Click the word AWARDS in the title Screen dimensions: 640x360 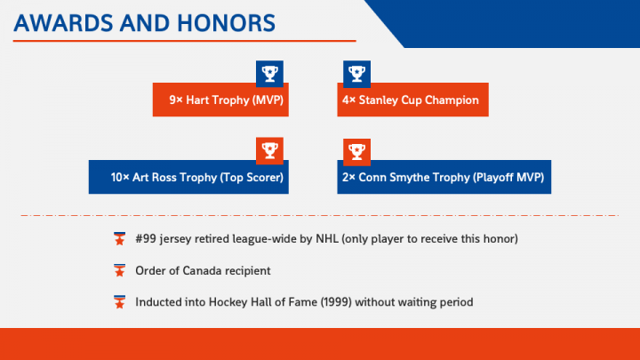coord(64,23)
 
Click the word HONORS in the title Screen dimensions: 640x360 coord(226,23)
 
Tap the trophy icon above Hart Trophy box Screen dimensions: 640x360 coord(270,74)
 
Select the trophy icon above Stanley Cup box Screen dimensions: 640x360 coord(356,74)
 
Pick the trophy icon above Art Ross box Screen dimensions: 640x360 coord(270,150)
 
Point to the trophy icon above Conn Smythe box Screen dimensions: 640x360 coord(356,152)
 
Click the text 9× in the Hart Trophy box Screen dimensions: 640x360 coord(176,100)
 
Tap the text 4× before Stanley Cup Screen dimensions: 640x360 coord(349,100)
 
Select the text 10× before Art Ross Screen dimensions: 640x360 coord(120,177)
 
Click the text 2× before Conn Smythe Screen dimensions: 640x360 coord(349,177)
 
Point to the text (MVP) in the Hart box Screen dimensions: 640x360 coord(268,100)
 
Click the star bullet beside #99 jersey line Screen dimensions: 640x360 coord(120,239)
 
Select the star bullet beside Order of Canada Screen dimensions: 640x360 coord(120,270)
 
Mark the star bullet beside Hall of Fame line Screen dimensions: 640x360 coord(120,302)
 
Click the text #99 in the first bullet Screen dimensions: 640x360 coord(146,239)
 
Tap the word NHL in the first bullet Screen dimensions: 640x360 coord(327,239)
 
